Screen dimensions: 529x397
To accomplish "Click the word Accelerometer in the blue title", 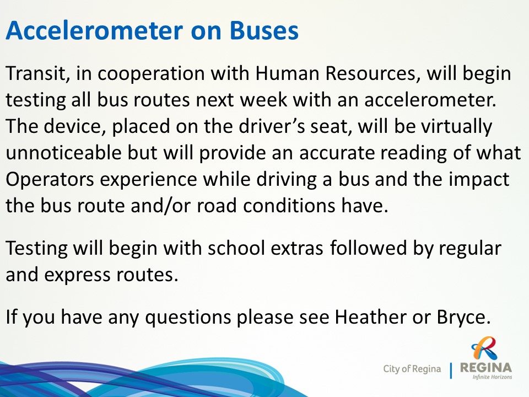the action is [x=94, y=30].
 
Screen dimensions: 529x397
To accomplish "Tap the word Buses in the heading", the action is [x=264, y=30].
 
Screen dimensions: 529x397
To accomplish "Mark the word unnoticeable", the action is [x=63, y=153].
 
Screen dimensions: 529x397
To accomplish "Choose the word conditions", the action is [x=288, y=206].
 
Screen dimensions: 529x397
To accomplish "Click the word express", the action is [x=77, y=276].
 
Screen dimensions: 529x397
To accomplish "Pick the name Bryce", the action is [x=463, y=318].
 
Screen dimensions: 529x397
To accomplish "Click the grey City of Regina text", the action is [x=412, y=369].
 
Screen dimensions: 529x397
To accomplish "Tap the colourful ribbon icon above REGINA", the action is [x=484, y=348].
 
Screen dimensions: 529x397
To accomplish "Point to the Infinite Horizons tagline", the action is [x=492, y=377].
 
